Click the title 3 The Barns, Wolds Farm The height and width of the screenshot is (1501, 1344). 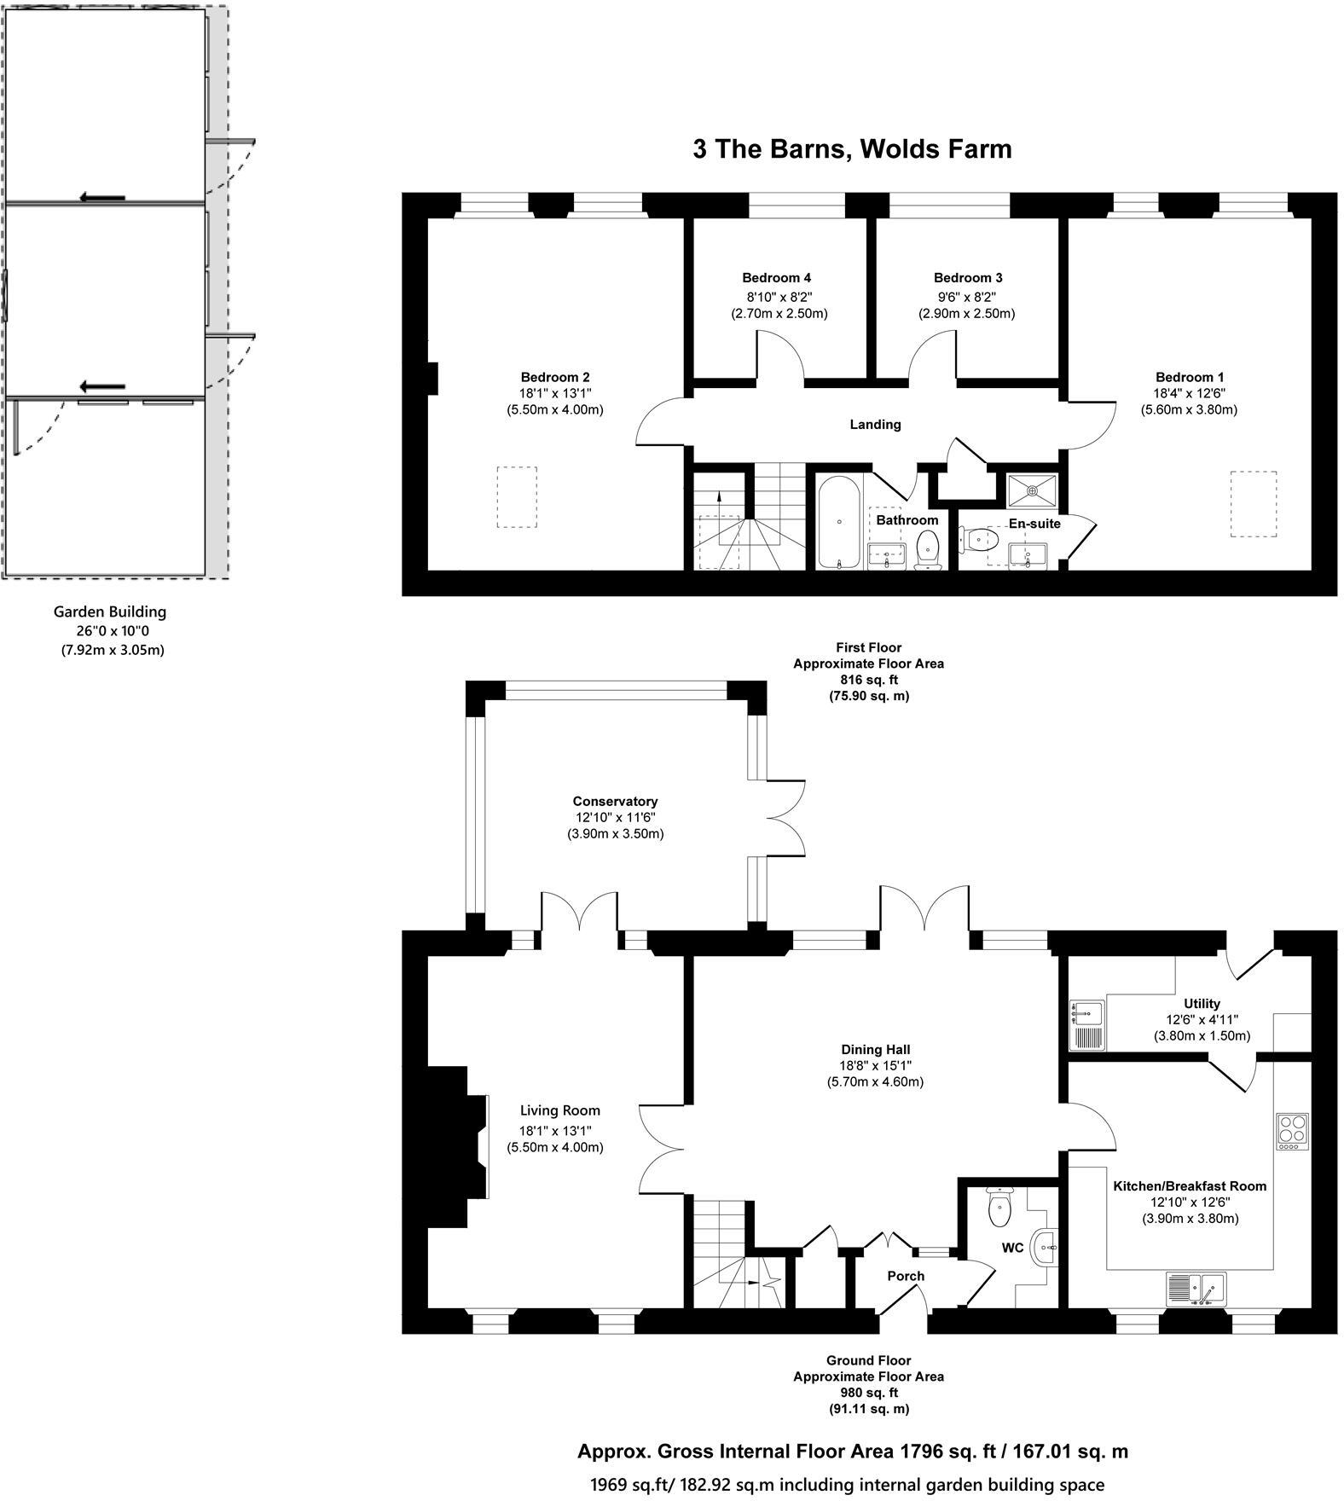tap(851, 148)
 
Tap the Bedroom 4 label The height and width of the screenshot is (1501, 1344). tap(776, 277)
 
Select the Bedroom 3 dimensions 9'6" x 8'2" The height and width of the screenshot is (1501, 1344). tap(967, 297)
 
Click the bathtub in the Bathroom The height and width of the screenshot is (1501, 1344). tap(839, 521)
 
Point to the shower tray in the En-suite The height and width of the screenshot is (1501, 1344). tap(1032, 490)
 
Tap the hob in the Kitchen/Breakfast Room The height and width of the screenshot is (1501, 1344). tap(1293, 1130)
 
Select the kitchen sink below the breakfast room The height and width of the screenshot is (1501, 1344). tap(1196, 1289)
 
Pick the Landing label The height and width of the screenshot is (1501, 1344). tap(875, 424)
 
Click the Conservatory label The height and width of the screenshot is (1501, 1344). tap(615, 801)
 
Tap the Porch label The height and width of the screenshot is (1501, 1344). tap(906, 1276)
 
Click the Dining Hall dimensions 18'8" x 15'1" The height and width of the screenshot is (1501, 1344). tap(875, 1066)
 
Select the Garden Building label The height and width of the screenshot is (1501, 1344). tap(110, 611)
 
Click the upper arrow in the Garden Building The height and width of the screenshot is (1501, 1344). tap(102, 198)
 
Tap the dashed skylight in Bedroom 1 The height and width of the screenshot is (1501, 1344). tap(1253, 504)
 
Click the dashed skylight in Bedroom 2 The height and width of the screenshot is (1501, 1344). tap(517, 497)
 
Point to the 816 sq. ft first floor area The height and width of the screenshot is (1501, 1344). tap(868, 680)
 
